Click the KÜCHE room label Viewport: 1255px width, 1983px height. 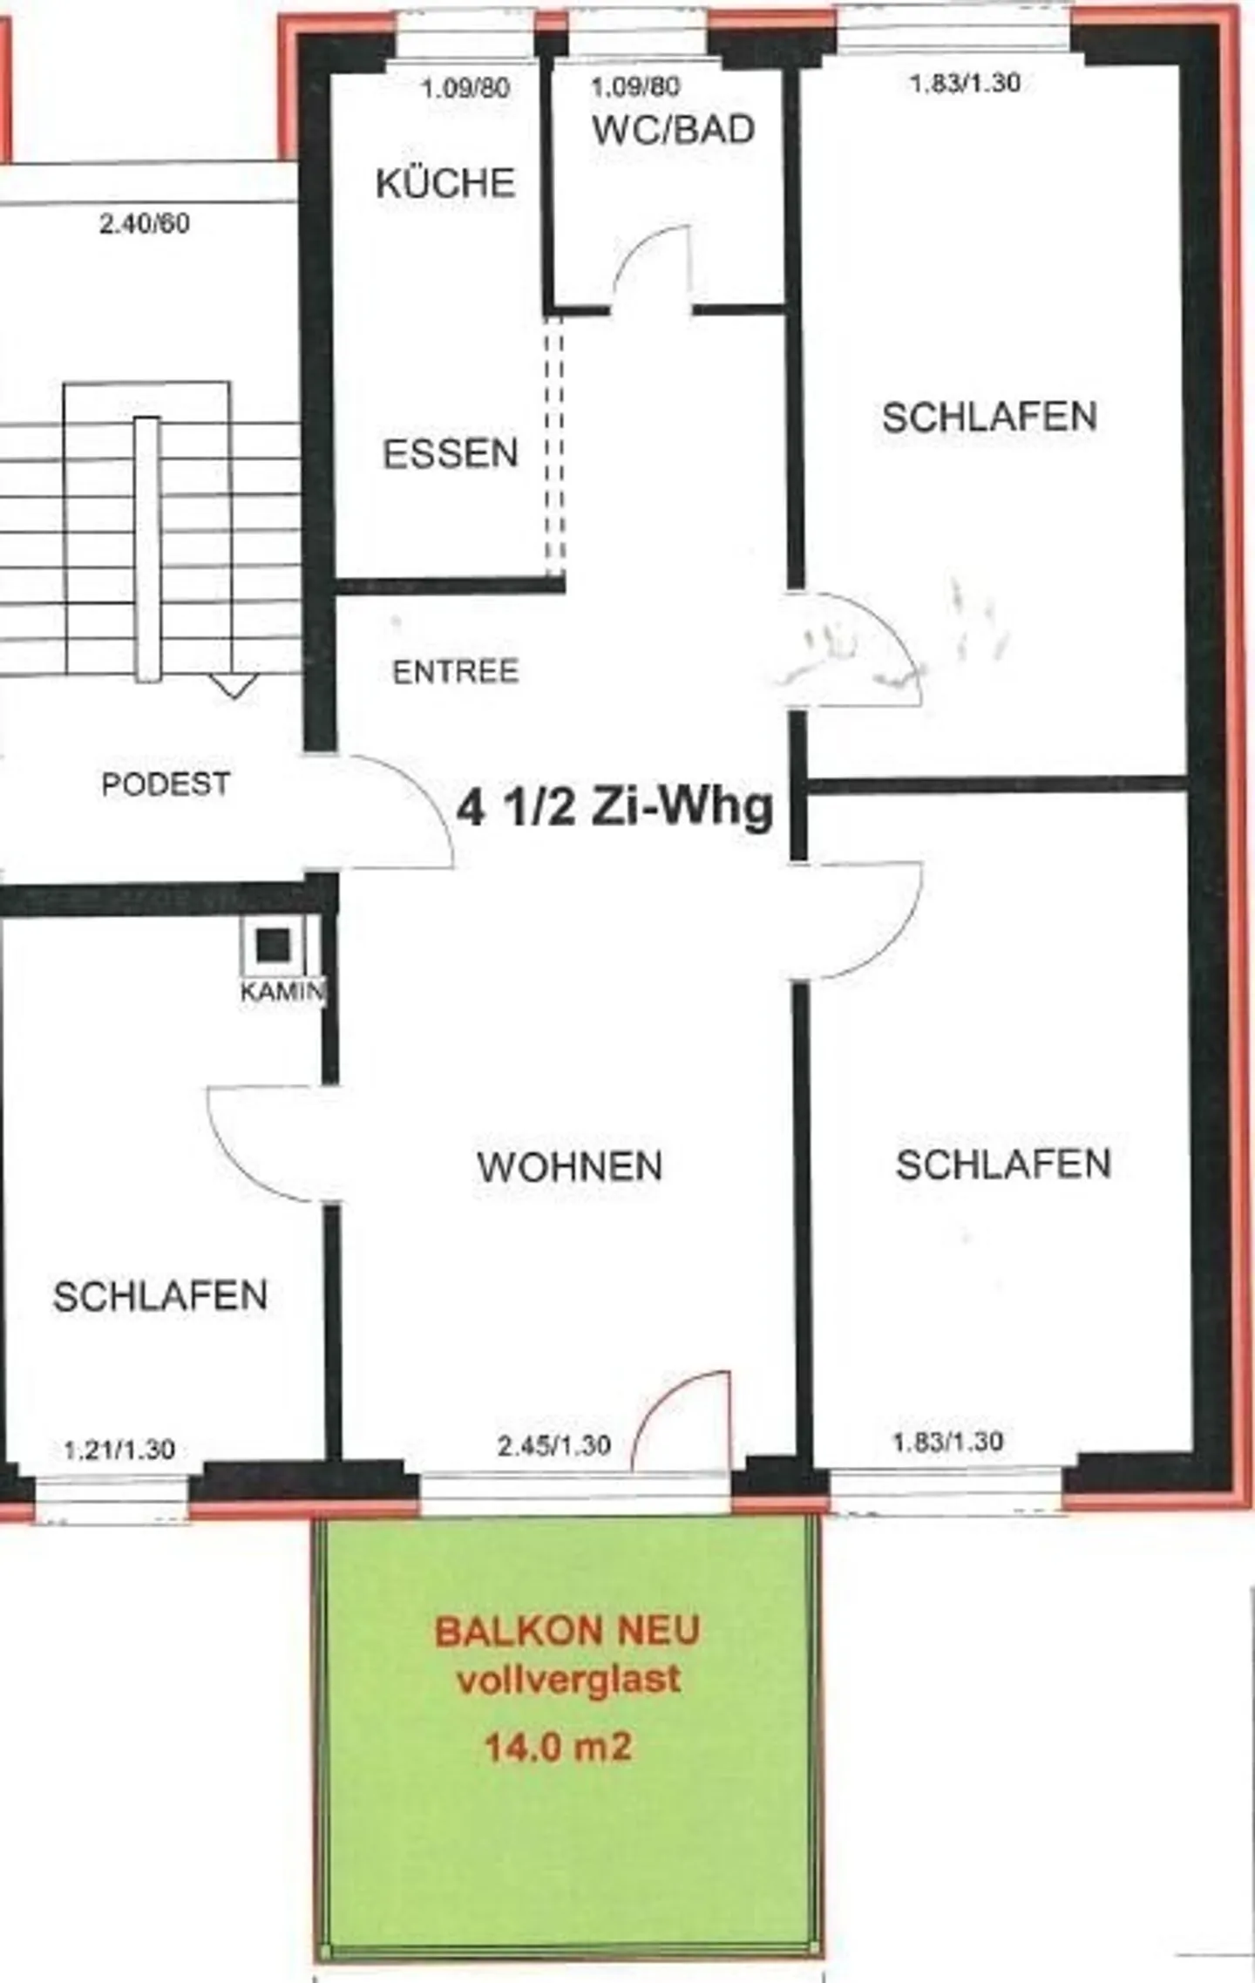(445, 184)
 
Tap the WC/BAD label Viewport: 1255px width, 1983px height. (673, 131)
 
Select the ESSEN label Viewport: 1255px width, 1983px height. (451, 454)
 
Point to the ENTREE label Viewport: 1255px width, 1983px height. (455, 672)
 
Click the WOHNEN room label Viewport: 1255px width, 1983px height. (570, 1167)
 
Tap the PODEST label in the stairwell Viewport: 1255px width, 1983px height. (166, 784)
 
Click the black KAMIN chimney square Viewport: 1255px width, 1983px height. (273, 943)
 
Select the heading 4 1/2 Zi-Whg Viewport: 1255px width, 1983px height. (615, 807)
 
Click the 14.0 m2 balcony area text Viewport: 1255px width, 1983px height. (558, 1746)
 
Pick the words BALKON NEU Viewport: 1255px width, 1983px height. (567, 1632)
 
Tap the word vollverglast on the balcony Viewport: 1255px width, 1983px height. (568, 1680)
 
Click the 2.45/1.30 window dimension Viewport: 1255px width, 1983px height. (553, 1445)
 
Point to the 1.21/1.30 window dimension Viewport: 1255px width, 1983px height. (119, 1450)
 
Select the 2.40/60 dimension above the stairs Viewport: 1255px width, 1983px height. (145, 224)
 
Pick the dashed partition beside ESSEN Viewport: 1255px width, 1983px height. (554, 445)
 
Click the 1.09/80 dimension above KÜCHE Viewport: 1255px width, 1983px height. (465, 88)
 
